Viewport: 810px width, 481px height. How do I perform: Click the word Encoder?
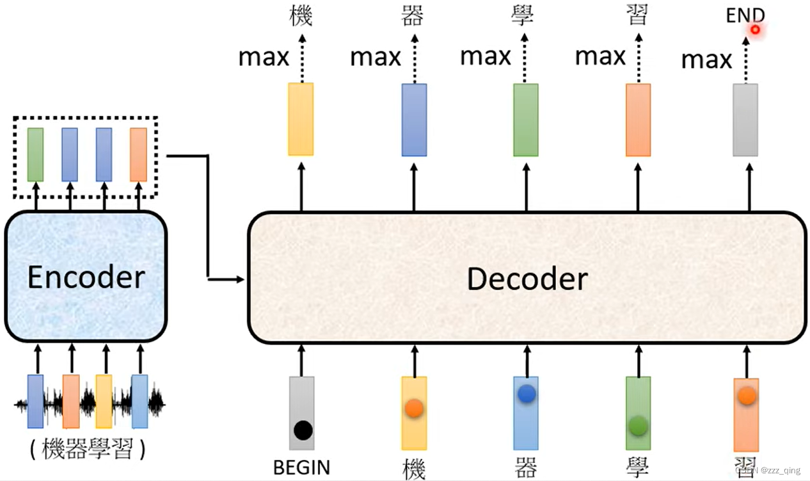[86, 277]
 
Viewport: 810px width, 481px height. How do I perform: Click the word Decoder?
[527, 279]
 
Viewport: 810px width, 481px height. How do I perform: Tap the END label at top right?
[745, 15]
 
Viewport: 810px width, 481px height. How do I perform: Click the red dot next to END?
[756, 29]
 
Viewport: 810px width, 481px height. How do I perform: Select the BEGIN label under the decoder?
[301, 468]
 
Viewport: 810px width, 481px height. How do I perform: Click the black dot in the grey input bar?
[303, 430]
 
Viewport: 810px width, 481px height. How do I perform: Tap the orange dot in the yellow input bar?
[414, 408]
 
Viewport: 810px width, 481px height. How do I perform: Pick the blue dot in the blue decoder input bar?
[526, 394]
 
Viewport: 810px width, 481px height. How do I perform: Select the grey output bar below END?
[745, 120]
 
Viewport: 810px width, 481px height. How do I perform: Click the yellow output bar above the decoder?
[301, 119]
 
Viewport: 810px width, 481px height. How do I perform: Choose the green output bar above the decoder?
[526, 120]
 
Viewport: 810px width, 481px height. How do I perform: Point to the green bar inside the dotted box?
[36, 154]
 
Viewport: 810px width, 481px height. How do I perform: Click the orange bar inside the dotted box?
[138, 154]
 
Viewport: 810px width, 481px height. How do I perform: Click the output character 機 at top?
[301, 16]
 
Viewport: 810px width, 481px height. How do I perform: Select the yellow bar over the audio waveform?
[104, 401]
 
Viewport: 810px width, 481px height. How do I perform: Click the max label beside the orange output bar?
[600, 57]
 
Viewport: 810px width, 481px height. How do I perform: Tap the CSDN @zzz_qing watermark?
[768, 470]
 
